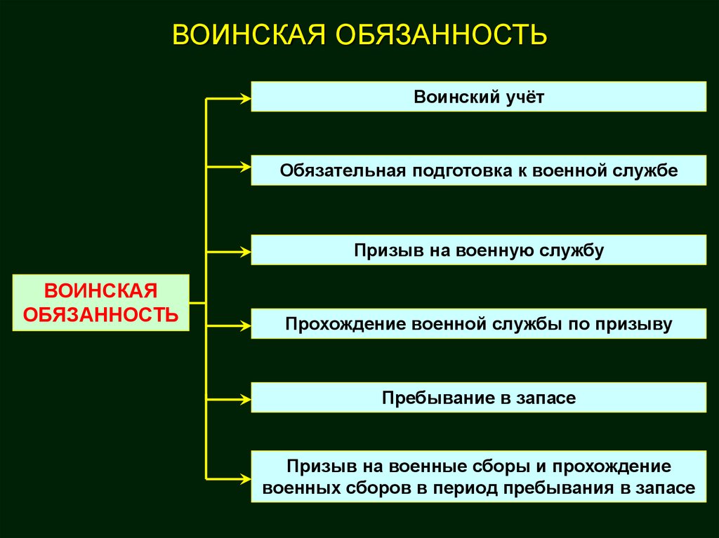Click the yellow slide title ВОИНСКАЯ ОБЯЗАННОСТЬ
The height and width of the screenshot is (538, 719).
359,34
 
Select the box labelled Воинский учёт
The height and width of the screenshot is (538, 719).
478,96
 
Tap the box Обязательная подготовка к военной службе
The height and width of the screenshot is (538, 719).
478,170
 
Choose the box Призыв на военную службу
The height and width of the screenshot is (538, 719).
478,250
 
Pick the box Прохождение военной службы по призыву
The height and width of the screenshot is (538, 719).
478,324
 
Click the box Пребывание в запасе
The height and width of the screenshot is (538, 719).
478,398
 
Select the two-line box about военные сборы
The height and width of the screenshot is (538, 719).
478,477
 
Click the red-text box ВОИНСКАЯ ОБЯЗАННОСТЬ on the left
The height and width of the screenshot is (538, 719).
100,302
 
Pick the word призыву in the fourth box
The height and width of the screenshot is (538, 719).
634,324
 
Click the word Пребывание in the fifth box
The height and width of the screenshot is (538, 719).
428,398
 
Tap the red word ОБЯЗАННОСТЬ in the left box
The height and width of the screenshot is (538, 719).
100,313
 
